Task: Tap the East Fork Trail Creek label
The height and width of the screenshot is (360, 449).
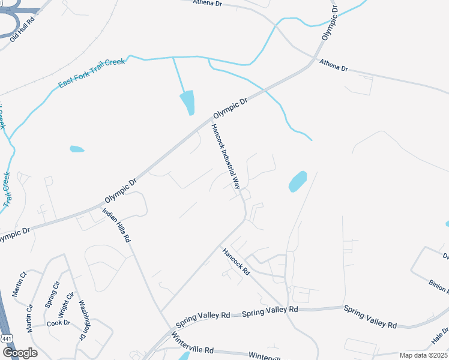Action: click(x=91, y=73)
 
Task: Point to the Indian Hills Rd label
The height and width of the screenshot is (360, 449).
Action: click(x=116, y=224)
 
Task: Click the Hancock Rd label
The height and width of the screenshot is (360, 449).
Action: click(x=236, y=262)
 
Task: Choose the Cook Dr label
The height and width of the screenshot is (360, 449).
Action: click(x=58, y=323)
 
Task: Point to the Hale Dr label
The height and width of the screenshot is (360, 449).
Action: click(x=440, y=335)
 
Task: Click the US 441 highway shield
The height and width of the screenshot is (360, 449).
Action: click(x=7, y=339)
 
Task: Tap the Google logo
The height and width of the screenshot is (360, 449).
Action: click(x=19, y=353)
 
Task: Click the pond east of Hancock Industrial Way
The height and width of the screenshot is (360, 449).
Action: click(x=298, y=181)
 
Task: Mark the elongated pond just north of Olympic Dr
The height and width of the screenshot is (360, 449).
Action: click(x=187, y=102)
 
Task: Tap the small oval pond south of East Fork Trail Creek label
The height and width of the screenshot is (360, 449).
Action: click(x=77, y=148)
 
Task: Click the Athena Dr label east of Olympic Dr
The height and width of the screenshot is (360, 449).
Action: click(x=333, y=65)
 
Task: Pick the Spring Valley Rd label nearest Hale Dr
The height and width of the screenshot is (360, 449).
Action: click(x=370, y=316)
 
